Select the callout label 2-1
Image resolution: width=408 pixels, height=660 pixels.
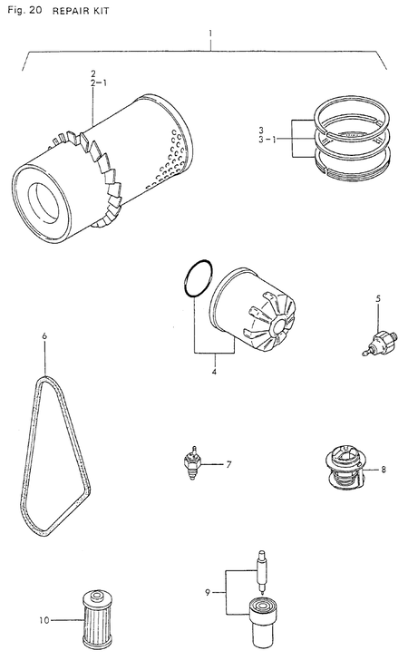97,82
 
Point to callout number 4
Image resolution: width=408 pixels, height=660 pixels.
214,371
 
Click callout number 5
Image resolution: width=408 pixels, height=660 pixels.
378,297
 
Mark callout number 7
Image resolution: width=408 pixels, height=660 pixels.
229,465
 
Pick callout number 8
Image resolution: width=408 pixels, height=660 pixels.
384,469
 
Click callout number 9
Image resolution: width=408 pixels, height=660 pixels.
208,592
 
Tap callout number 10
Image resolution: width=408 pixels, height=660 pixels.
42,621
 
